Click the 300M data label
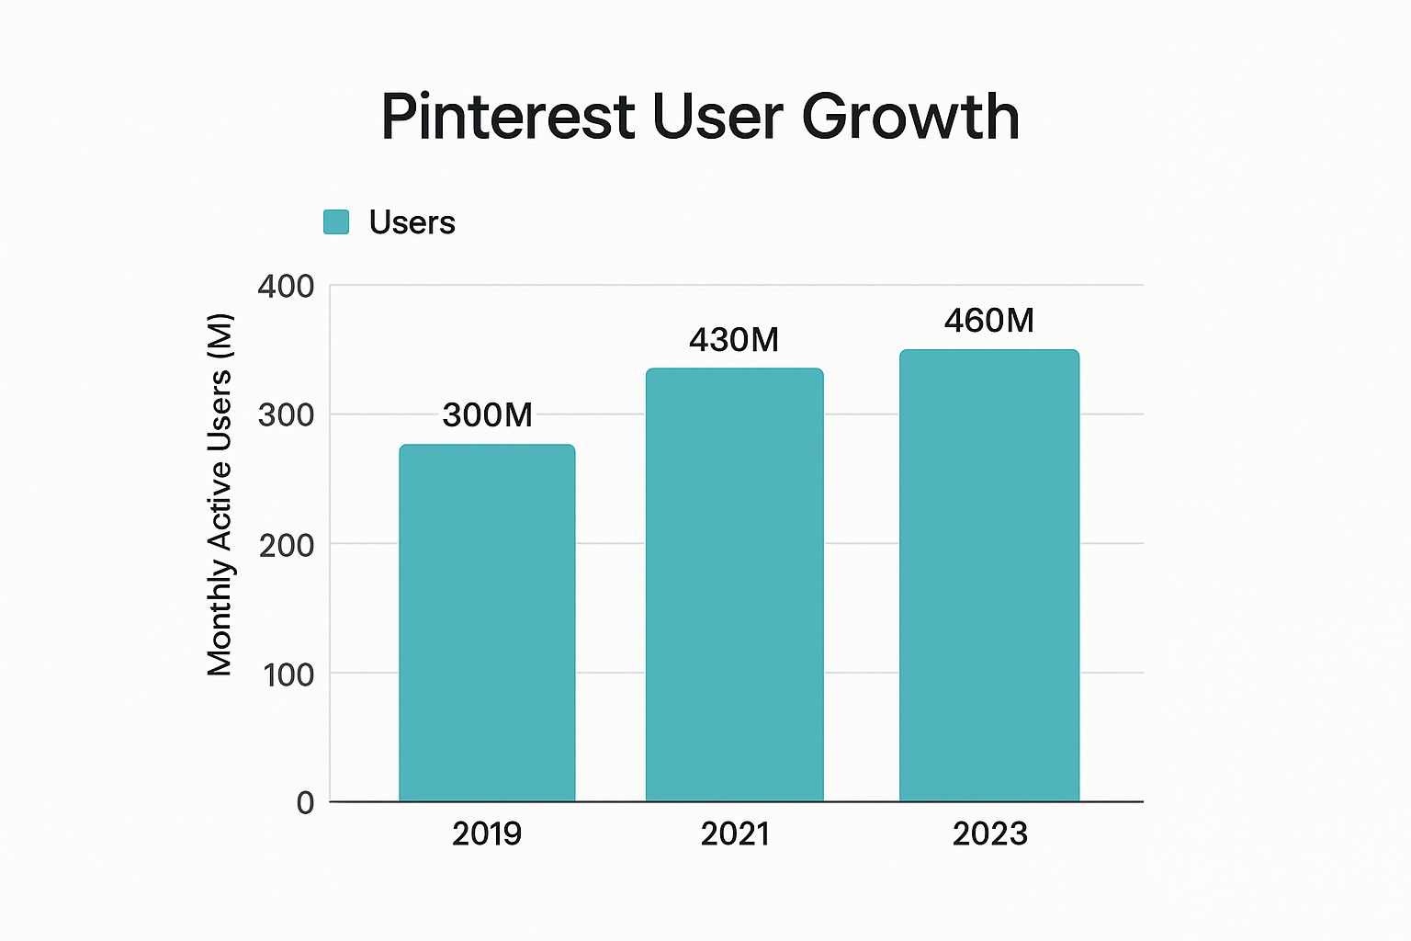tap(487, 415)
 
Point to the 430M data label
tap(734, 340)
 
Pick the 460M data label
tap(989, 321)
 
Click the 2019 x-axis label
tap(487, 833)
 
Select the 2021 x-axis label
tap(734, 833)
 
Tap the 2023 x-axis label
tap(989, 833)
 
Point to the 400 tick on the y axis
tap(286, 287)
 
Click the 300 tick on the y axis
tap(286, 415)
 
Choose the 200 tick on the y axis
tap(286, 545)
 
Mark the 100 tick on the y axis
tap(288, 675)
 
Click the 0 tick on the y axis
tap(305, 803)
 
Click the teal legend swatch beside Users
tap(336, 222)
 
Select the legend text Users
tap(412, 222)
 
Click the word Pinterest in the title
tap(508, 117)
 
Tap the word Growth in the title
tap(910, 117)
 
